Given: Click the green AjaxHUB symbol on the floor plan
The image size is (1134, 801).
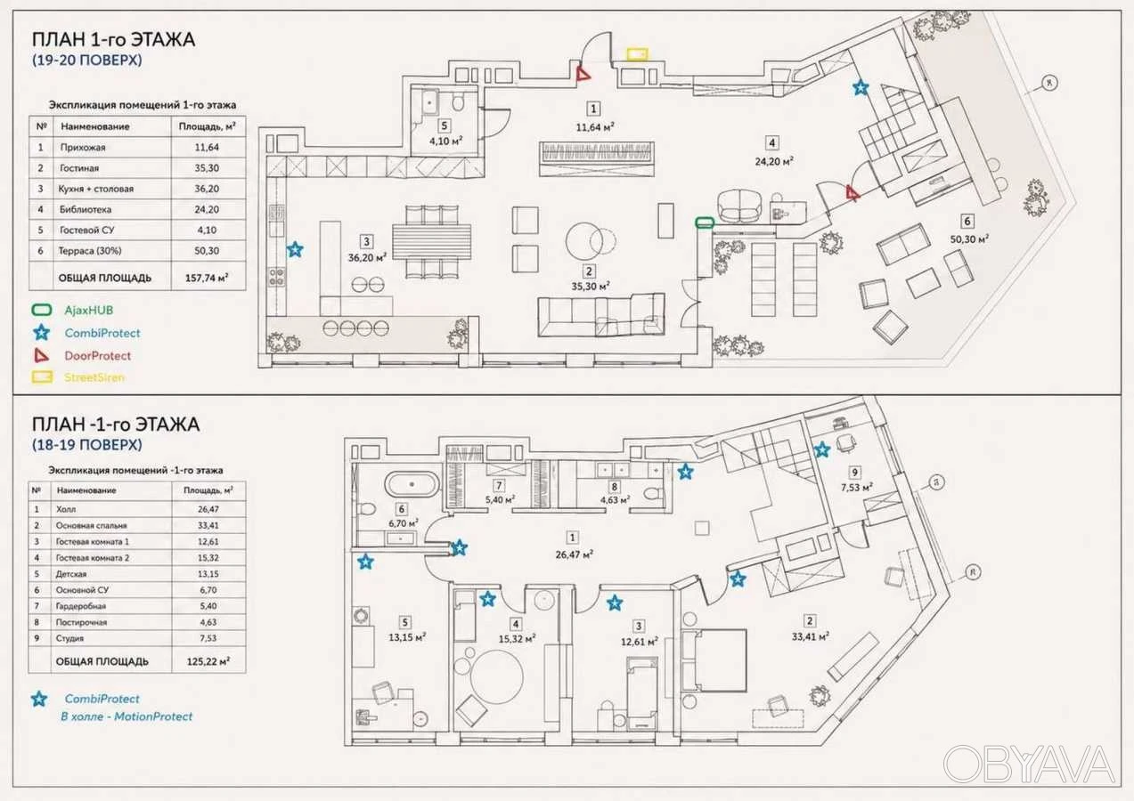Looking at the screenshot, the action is point(705,222).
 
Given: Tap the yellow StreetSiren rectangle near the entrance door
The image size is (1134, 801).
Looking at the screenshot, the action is point(637,54).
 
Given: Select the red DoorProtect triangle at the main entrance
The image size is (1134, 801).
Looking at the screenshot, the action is point(583,75).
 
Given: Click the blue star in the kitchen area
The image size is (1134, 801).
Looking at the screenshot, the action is point(295,249).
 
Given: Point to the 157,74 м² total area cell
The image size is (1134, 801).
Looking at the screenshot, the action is point(207,278).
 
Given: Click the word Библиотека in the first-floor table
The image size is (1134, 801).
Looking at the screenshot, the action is point(85,209).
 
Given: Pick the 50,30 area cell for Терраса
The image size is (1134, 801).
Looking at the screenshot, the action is point(207,251).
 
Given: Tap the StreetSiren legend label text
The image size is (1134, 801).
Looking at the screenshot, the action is point(94,377).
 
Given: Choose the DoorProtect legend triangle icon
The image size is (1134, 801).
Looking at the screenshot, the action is point(41,355).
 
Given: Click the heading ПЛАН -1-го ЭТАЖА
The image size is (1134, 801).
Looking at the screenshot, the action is point(116,425).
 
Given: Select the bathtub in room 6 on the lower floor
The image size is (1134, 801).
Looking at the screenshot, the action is point(412,484).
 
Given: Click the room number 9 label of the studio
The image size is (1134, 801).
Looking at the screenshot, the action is point(854,473).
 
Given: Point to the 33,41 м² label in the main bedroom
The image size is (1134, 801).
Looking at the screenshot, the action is point(810,636).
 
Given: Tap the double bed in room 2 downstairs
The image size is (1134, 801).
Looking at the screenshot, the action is point(714,659).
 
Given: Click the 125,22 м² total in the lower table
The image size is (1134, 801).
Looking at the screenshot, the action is point(208,661).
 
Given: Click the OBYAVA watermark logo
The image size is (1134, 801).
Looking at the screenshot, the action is point(1029,764).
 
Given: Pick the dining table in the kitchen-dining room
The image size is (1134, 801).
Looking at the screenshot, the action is point(432,242).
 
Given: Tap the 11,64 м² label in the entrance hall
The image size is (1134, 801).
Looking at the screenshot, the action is point(595,127).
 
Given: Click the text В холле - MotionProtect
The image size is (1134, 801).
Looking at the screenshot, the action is point(126,716).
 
